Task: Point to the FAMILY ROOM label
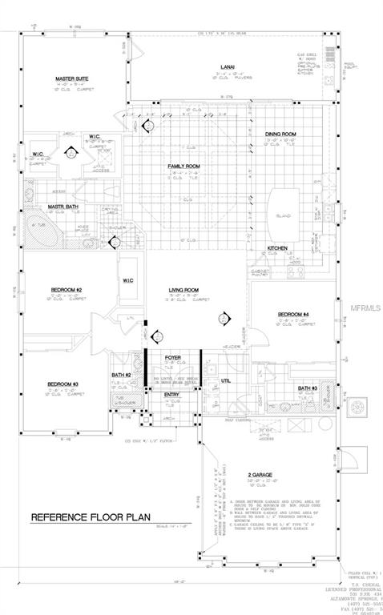(x=183, y=166)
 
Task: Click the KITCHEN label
(x=277, y=248)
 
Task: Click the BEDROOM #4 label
(x=293, y=313)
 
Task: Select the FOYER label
(x=172, y=358)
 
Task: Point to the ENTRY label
(x=172, y=395)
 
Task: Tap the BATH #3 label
(x=308, y=388)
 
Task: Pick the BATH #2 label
(x=121, y=376)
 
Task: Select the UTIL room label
(x=225, y=380)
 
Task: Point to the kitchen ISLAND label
(x=284, y=215)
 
